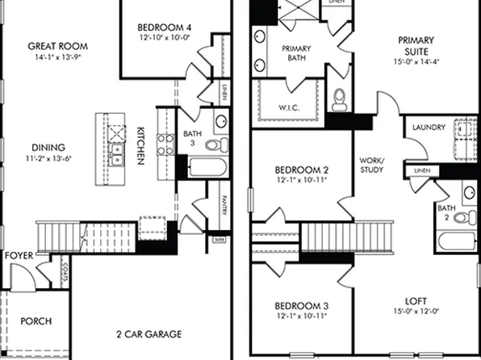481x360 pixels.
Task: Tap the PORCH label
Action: [x=36, y=321]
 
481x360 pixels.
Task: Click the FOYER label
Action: [x=19, y=256]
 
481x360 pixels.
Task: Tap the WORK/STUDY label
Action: [x=372, y=165]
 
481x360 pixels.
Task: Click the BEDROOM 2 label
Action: [x=299, y=170]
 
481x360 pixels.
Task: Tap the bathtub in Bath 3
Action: [x=208, y=169]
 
